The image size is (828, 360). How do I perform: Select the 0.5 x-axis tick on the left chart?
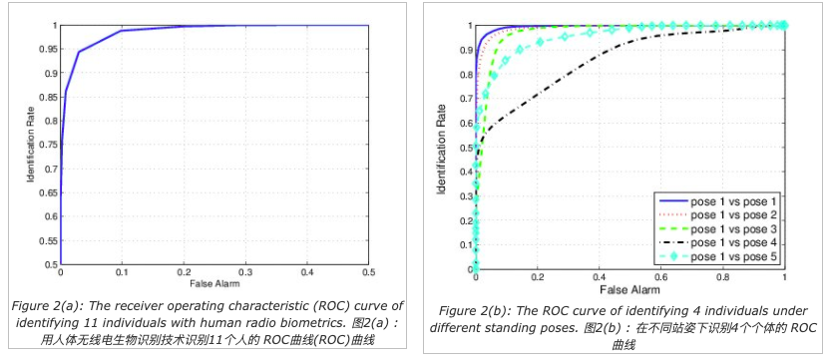click(368, 272)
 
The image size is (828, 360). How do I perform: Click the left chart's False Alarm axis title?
click(214, 283)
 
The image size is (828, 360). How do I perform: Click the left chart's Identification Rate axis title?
click(31, 145)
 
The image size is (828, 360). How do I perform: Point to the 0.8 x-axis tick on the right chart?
click(723, 277)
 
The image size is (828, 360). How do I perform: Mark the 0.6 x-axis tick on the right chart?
click(661, 277)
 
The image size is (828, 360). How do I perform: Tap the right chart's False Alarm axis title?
click(629, 290)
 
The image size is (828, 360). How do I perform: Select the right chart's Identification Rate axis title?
click(444, 150)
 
